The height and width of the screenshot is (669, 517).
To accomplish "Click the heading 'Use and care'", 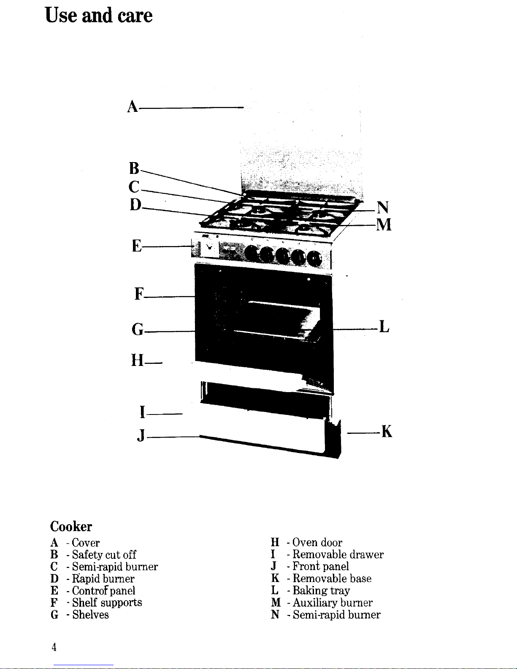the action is pos(98,15).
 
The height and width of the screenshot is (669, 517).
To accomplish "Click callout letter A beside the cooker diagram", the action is pos(133,107).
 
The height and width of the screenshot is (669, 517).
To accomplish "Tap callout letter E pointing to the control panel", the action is pos(137,246).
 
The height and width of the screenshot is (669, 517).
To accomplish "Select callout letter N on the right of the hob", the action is pos(383,207).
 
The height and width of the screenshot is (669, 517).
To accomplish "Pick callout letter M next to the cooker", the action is pos(384,225).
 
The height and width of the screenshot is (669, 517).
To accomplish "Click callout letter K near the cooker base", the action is pos(387,431).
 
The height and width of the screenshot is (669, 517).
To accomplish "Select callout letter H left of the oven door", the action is pos(137,360).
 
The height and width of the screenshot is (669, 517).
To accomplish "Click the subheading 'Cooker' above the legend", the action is pos(71,527).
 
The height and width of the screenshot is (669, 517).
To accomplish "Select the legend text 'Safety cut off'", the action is pos(104,555).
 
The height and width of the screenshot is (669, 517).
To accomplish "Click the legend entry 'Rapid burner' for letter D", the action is pos(103,579).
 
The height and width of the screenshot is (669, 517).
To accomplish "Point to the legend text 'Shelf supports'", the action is pos(107,602).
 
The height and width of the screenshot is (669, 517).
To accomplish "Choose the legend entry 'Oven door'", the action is pos(317,542).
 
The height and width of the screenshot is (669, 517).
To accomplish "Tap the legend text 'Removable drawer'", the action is pos(338,555).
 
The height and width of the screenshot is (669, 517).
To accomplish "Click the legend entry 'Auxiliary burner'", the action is pos(333,602).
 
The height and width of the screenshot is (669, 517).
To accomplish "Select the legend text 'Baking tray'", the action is pos(321,590).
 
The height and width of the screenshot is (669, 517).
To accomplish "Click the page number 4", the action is pos(54,647).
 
